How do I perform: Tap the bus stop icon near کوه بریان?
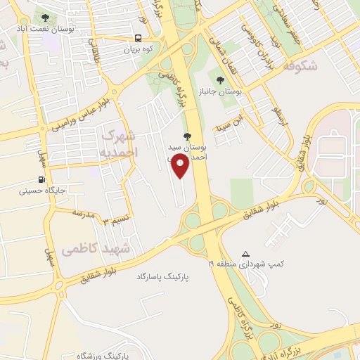(x=138, y=38)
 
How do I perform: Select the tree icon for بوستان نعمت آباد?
(x=46, y=18)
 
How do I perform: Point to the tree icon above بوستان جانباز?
(x=221, y=81)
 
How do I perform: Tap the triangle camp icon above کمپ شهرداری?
(x=245, y=254)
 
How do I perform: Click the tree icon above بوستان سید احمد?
(x=186, y=136)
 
